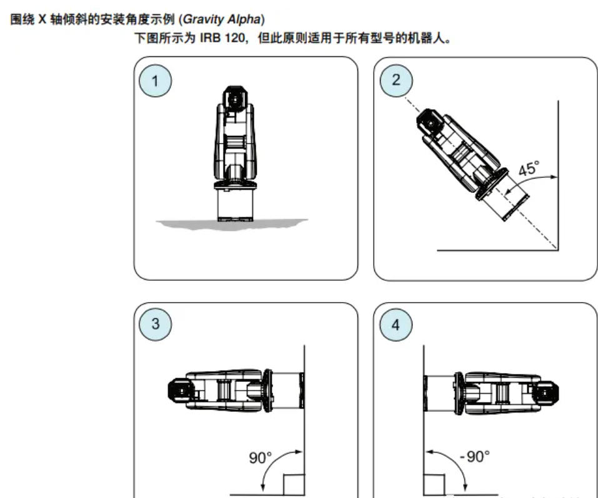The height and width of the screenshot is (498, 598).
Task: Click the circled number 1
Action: pyautogui.click(x=155, y=81)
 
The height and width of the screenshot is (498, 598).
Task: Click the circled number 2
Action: pyautogui.click(x=396, y=80)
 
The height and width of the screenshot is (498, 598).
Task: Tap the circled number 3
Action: pyautogui.click(x=155, y=325)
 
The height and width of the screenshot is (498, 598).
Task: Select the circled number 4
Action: pyautogui.click(x=396, y=325)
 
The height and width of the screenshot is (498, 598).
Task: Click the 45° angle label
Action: pyautogui.click(x=529, y=168)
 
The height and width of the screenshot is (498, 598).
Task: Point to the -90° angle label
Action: pyautogui.click(x=474, y=456)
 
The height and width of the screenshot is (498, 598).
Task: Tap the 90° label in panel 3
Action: pyautogui.click(x=261, y=457)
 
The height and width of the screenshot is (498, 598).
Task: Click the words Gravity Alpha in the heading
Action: pyautogui.click(x=222, y=19)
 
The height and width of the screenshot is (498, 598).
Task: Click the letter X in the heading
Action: pyautogui.click(x=42, y=19)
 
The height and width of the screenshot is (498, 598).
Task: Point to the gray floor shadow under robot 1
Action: pyautogui.click(x=232, y=224)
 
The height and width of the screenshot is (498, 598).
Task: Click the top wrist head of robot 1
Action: pyautogui.click(x=235, y=99)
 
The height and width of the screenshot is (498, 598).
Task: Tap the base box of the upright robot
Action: pyautogui.click(x=235, y=205)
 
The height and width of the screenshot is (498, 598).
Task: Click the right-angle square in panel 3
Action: pyautogui.click(x=294, y=485)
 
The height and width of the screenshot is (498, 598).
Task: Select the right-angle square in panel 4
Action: pyautogui.click(x=434, y=485)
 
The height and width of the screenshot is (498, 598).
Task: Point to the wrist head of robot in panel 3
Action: pyautogui.click(x=181, y=391)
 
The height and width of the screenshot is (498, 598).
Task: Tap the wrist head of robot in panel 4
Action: pyautogui.click(x=546, y=393)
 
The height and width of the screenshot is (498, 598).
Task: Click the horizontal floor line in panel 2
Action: pyautogui.click(x=497, y=250)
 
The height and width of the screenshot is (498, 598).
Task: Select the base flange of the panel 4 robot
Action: pyautogui.click(x=459, y=393)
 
